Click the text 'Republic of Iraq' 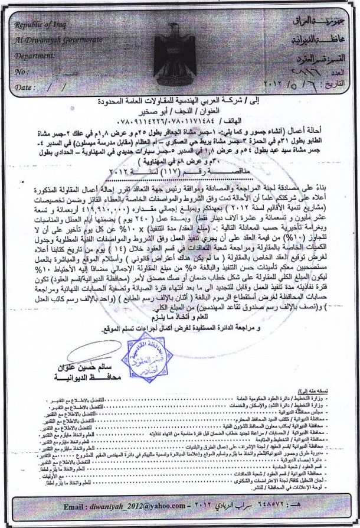(42, 26)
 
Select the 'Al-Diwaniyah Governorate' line (51, 39)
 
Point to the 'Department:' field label (37, 54)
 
